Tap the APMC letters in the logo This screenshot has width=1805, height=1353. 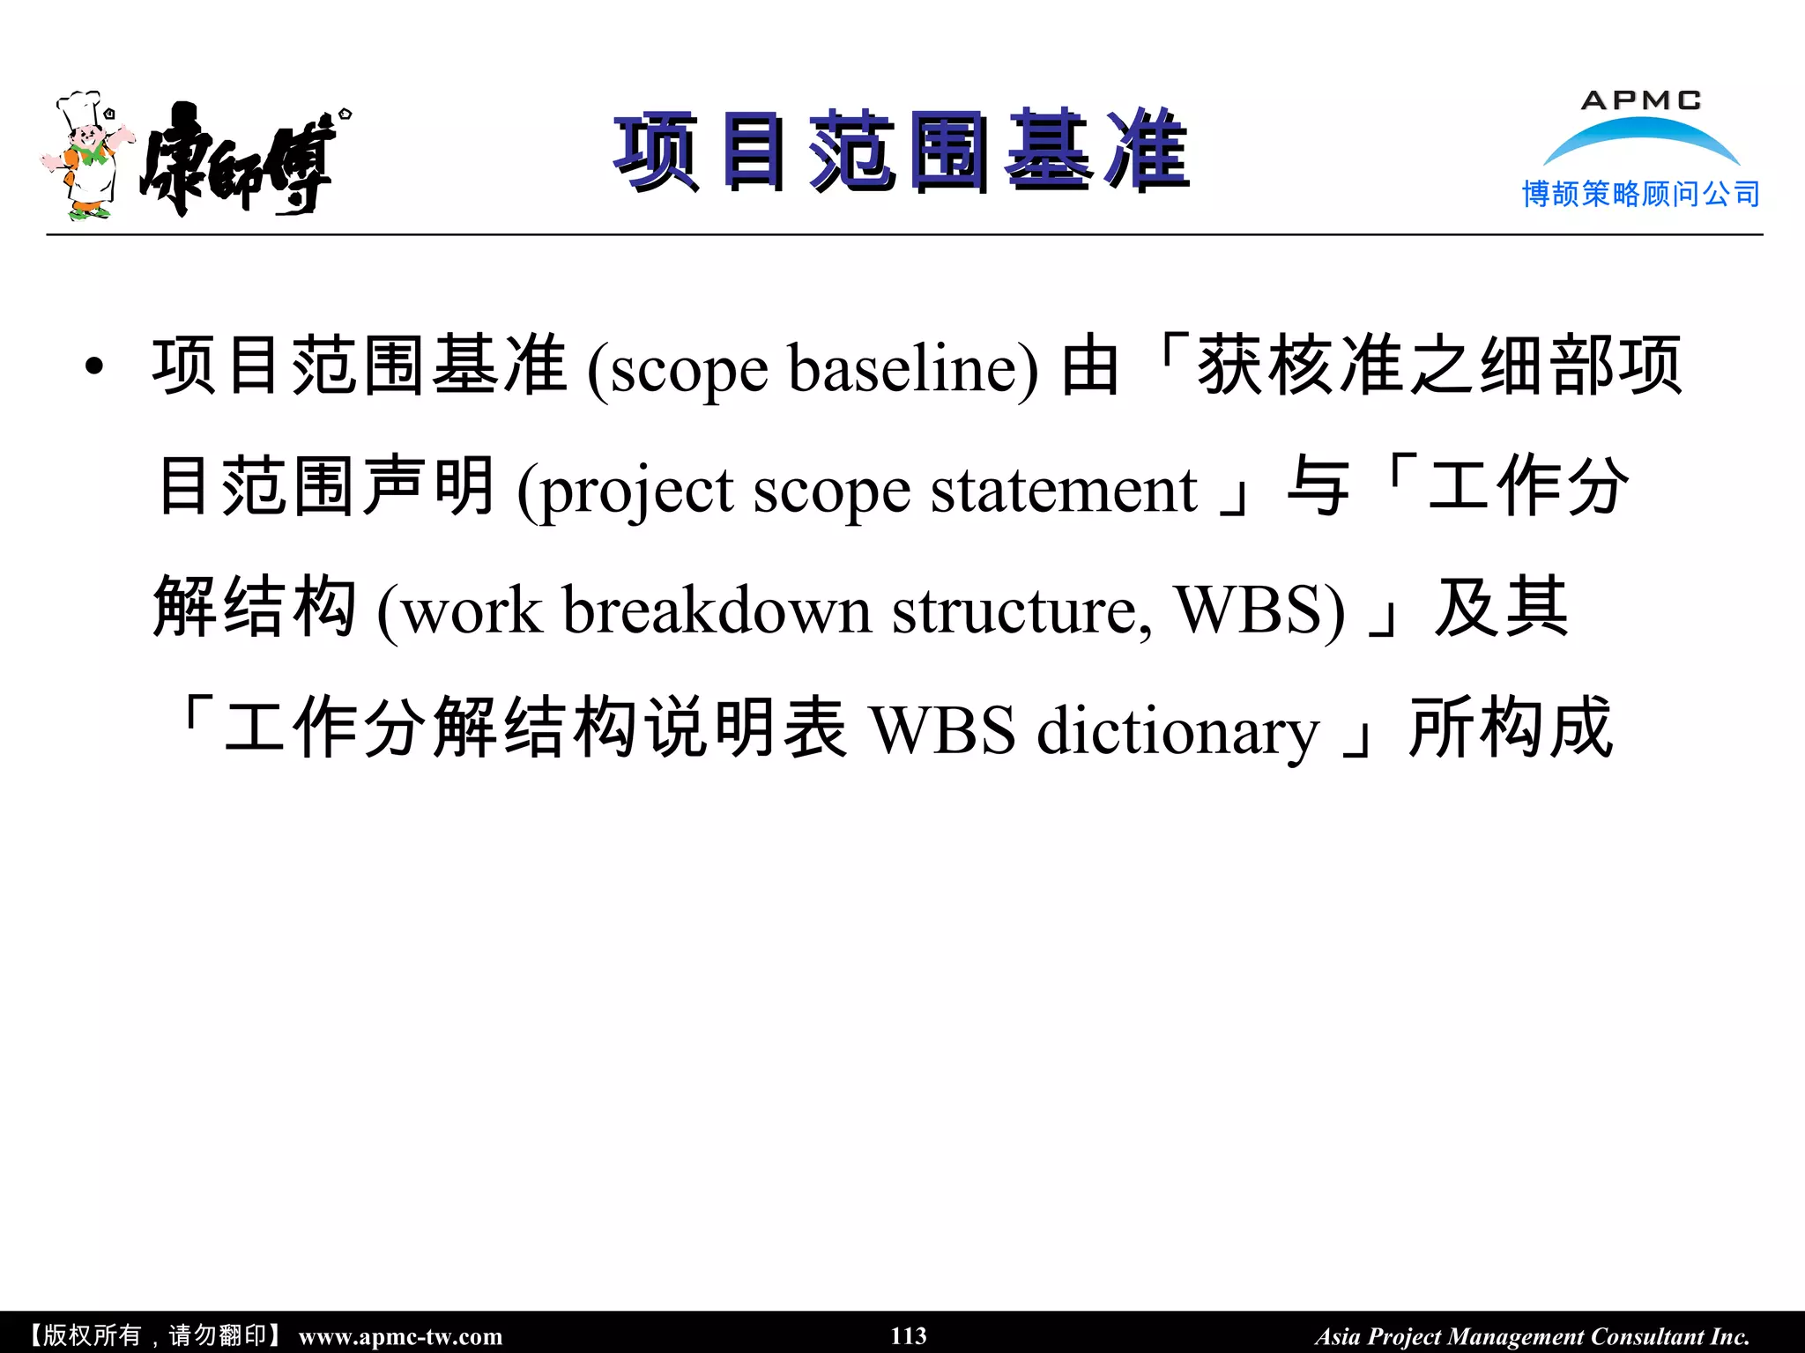click(1640, 101)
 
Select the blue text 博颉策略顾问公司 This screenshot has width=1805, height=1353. click(1640, 194)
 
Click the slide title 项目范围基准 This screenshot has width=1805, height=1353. click(902, 152)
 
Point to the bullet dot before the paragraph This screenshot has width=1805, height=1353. click(95, 367)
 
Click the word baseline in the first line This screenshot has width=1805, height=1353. click(913, 368)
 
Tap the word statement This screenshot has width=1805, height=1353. click(1064, 490)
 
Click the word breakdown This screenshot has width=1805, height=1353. click(717, 610)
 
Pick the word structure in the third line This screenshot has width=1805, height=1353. click(1021, 610)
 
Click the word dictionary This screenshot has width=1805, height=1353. click(1177, 731)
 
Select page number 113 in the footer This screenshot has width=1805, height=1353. click(908, 1336)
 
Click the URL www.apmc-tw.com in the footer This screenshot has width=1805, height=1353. click(400, 1336)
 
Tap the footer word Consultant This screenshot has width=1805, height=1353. click(1647, 1336)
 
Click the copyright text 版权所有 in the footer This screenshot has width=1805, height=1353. click(92, 1335)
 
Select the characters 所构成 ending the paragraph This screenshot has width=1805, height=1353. click(1511, 729)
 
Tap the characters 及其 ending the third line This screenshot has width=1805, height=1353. click(1501, 608)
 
